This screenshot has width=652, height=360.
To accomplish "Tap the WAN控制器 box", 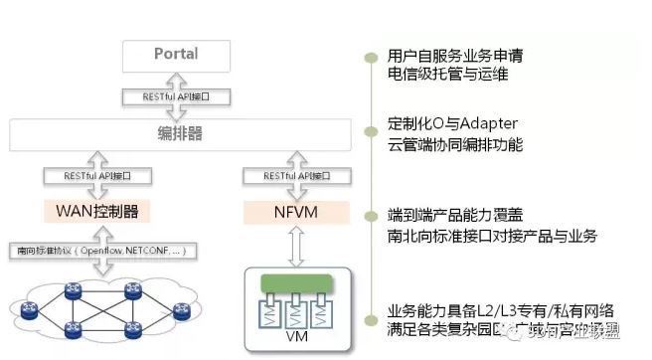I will tap(97, 212).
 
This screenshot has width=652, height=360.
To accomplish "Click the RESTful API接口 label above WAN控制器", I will tap(97, 175).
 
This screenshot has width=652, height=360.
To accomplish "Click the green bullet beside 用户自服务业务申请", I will tap(370, 56).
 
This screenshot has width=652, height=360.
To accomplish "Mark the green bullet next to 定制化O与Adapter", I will tap(370, 125).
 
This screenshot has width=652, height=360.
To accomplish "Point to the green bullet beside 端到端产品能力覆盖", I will tap(370, 215).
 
